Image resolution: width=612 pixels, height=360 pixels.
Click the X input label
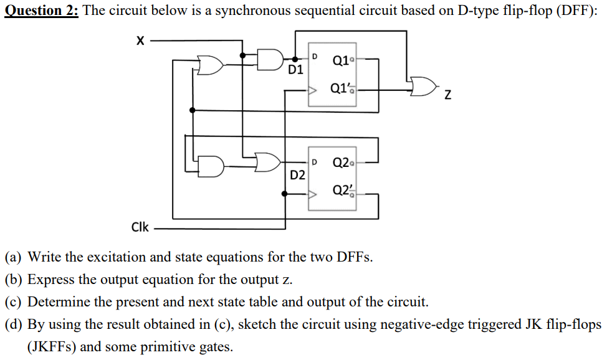point(140,41)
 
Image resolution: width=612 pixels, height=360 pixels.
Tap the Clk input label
point(140,227)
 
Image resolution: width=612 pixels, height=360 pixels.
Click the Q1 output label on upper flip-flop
point(340,60)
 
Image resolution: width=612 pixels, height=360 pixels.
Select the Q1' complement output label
point(341,89)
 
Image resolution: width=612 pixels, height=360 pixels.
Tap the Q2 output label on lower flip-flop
point(340,163)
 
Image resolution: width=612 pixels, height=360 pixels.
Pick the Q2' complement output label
point(341,190)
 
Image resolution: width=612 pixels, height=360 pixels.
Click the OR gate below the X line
point(209,64)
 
